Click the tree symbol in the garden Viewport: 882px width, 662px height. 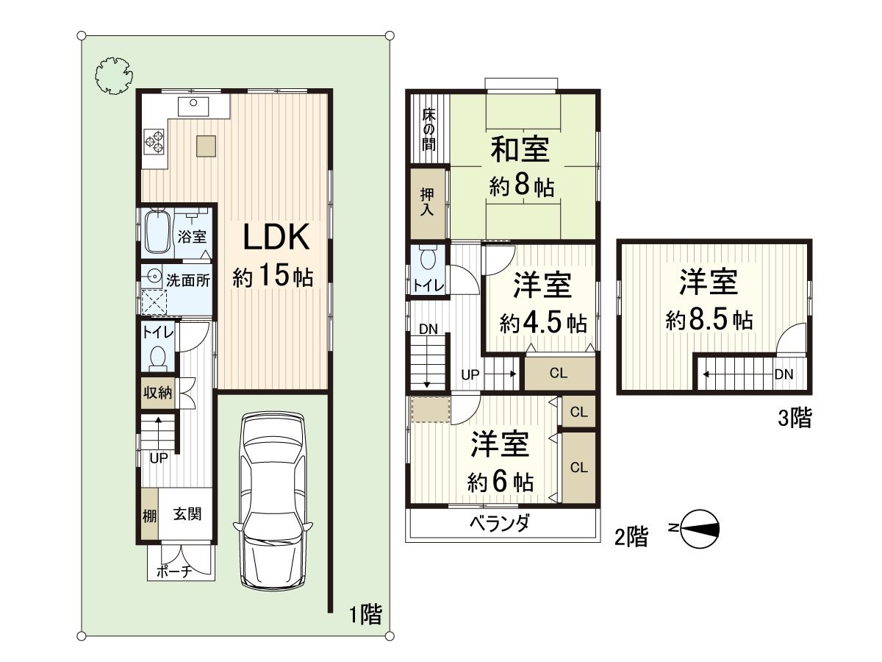click(x=115, y=75)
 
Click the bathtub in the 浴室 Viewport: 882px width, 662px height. click(x=157, y=231)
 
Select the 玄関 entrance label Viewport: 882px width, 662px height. click(x=187, y=514)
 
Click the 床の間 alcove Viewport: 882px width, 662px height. click(x=428, y=129)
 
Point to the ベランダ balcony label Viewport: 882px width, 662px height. click(x=501, y=525)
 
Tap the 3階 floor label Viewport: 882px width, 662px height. click(x=795, y=419)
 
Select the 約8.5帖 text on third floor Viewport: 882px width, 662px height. click(x=709, y=321)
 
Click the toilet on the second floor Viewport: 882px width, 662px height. click(x=429, y=258)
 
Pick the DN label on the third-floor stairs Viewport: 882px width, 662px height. click(x=784, y=374)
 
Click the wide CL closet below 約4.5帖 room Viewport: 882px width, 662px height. click(x=559, y=373)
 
